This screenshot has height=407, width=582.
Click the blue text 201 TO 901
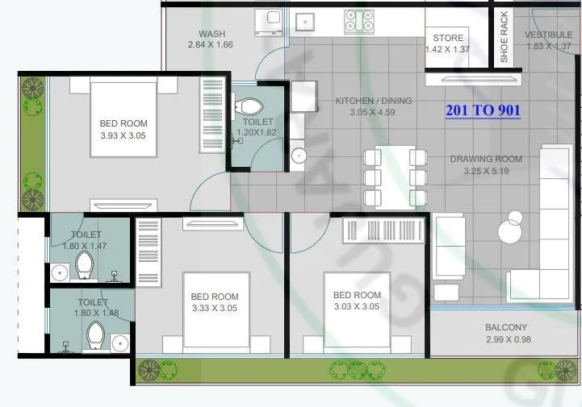click(x=483, y=110)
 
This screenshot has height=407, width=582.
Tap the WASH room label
click(x=211, y=34)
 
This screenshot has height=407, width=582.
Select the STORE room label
click(x=448, y=38)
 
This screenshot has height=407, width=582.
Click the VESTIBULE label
click(x=548, y=35)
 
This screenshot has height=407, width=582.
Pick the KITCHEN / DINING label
click(x=373, y=101)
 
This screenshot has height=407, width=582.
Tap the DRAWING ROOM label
click(x=486, y=159)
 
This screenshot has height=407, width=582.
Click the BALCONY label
click(x=506, y=327)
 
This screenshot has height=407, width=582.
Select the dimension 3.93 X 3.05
click(x=124, y=135)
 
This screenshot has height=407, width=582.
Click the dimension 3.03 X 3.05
click(x=356, y=306)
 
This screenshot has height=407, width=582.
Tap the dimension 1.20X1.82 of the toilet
click(x=256, y=131)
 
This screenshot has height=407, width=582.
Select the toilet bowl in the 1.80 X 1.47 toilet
click(x=84, y=264)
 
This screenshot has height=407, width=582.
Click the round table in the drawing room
click(x=510, y=231)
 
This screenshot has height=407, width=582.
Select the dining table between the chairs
click(x=395, y=177)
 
